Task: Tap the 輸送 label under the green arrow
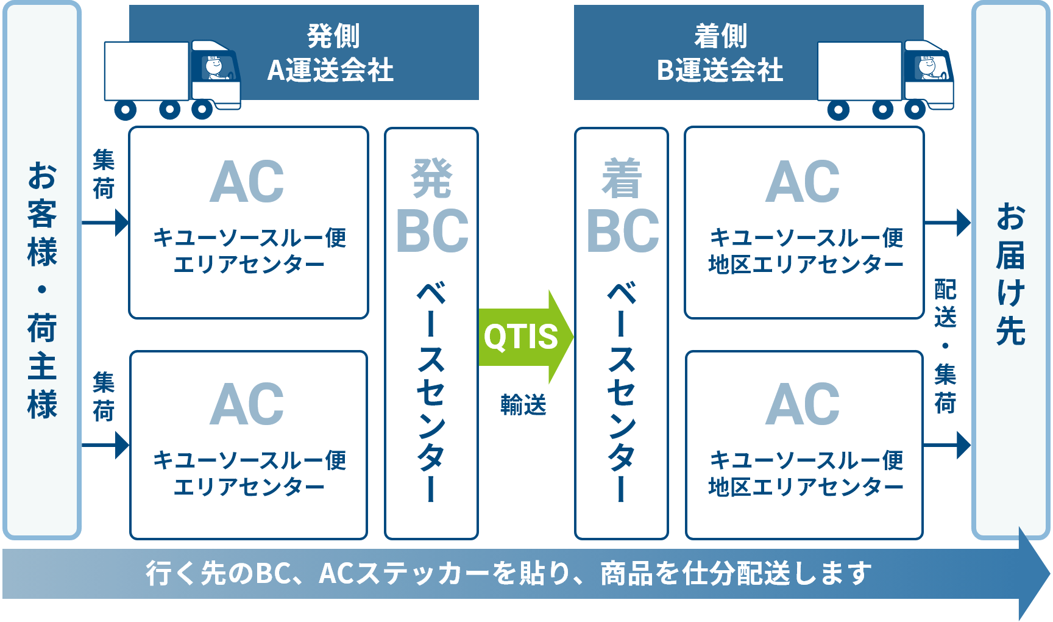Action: pos(523,405)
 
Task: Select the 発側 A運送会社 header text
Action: pos(331,53)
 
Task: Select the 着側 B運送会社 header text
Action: pos(720,53)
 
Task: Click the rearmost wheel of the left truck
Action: pos(126,110)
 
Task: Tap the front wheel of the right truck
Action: pos(915,110)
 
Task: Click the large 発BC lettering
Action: pos(432,206)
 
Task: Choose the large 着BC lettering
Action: pos(622,206)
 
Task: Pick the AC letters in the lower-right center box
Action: pos(803,404)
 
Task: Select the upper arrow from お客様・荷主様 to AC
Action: pos(105,223)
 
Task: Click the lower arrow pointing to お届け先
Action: pos(948,445)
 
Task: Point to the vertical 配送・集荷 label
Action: pos(945,346)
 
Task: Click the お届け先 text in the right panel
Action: pos(1010,274)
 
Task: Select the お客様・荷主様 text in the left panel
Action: pos(42,291)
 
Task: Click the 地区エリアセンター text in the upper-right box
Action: pos(806,265)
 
